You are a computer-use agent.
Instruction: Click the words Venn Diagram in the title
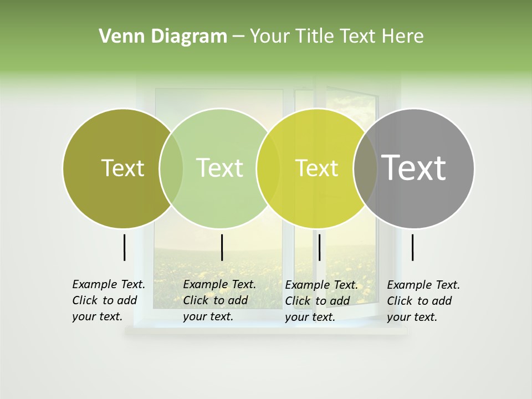click(x=163, y=37)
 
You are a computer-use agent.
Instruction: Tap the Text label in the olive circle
click(x=122, y=168)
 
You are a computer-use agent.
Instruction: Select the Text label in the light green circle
click(x=219, y=168)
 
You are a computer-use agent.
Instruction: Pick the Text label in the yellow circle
click(x=316, y=168)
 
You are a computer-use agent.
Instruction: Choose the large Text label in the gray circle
click(x=414, y=168)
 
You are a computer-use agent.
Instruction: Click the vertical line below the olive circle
click(x=124, y=247)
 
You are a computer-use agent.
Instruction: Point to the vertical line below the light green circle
click(x=222, y=247)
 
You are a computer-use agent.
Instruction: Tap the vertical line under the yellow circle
click(x=319, y=247)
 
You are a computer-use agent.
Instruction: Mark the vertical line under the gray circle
click(x=412, y=247)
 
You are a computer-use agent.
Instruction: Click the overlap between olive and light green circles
click(x=171, y=168)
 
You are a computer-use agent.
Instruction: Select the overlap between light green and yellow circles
click(x=268, y=168)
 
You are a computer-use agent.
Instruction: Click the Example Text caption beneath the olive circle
click(x=108, y=300)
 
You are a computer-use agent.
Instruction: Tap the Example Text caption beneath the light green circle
click(x=219, y=300)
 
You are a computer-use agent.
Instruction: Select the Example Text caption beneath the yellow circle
click(x=321, y=301)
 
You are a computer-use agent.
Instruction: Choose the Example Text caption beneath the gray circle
click(x=423, y=301)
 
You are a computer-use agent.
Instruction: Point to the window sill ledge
click(x=266, y=331)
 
